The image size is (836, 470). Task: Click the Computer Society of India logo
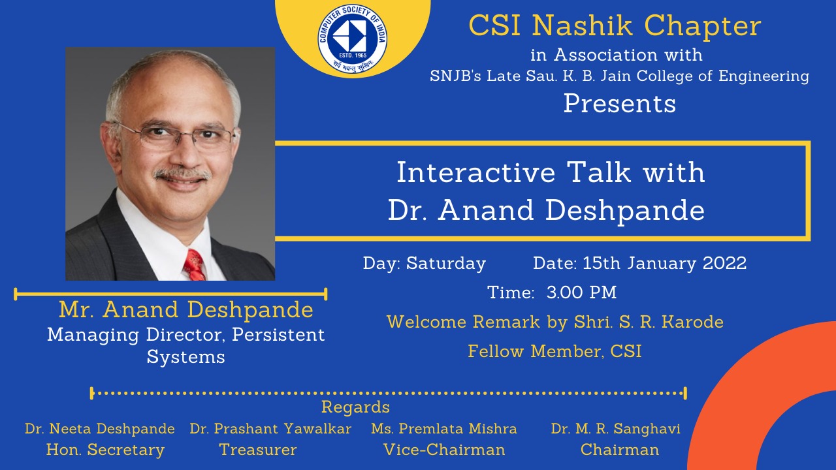click(353, 38)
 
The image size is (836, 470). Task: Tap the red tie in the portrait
click(195, 265)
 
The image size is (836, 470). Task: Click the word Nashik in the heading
click(582, 25)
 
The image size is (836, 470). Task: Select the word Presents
click(620, 103)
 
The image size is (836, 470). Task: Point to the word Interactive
click(476, 172)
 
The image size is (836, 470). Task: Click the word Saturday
click(446, 263)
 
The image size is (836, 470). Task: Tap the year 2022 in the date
click(725, 263)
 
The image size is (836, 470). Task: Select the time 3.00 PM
click(581, 292)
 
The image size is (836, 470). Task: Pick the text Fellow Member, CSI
click(555, 351)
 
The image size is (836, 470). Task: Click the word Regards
click(355, 407)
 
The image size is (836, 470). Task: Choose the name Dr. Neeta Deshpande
click(100, 429)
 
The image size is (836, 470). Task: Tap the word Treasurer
click(258, 450)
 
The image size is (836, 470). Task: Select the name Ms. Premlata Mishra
click(444, 429)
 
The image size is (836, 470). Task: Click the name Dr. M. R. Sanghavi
click(615, 429)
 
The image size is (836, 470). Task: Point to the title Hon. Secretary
click(105, 450)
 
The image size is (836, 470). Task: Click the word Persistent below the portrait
click(278, 335)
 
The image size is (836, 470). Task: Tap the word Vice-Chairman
click(444, 450)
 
